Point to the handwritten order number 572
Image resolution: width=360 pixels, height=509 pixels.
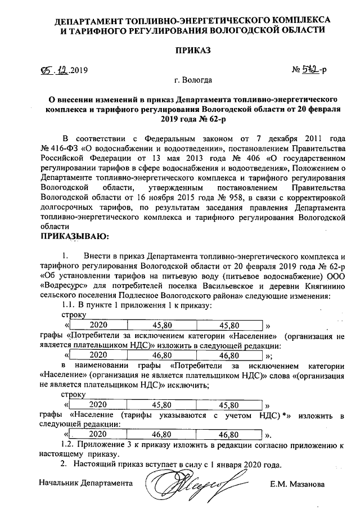(314, 72)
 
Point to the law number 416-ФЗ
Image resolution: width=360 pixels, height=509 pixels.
(61, 148)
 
